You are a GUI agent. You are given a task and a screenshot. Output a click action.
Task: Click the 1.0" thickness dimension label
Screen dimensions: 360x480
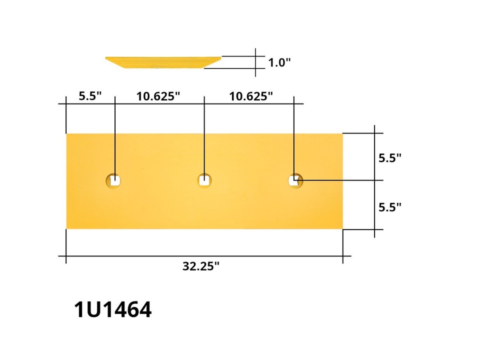click(x=279, y=63)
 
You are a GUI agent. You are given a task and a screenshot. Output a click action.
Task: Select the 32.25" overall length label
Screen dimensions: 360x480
click(x=201, y=266)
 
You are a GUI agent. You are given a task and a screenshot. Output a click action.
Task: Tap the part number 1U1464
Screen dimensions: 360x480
click(x=112, y=310)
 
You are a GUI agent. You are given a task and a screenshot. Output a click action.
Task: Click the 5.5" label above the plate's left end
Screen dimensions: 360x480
click(x=90, y=95)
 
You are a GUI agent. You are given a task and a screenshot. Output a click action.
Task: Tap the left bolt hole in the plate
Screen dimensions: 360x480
click(x=114, y=180)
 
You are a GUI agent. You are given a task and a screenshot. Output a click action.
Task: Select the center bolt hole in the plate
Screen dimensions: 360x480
click(x=203, y=180)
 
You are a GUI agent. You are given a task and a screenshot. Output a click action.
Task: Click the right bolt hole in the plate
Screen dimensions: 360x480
click(x=295, y=180)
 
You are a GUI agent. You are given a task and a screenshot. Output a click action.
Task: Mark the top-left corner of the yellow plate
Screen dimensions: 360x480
click(x=67, y=134)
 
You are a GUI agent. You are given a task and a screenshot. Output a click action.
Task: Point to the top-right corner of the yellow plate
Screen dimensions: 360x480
click(x=342, y=134)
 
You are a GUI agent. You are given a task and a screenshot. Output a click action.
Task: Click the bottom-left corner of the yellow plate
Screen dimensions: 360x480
click(x=67, y=228)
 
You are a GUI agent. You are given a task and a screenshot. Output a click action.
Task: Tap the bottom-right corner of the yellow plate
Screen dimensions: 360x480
click(x=342, y=228)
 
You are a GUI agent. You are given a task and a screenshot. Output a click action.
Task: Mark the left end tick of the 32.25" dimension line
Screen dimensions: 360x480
click(x=66, y=256)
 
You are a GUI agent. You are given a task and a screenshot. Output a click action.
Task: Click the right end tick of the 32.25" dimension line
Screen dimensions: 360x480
click(x=342, y=256)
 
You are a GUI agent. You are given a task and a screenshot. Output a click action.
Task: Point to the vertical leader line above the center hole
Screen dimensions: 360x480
click(x=204, y=135)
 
